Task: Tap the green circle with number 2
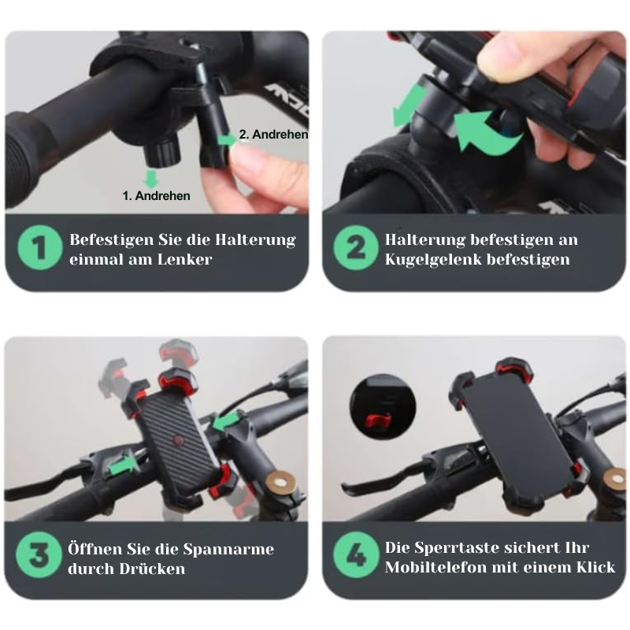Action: click(356, 250)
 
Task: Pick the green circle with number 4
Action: click(356, 558)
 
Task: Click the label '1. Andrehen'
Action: click(156, 195)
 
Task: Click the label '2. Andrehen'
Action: click(272, 135)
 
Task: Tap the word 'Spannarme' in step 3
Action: click(235, 549)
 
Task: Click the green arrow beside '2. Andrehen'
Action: click(228, 139)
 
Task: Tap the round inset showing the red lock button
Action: click(376, 403)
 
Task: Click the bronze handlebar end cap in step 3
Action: click(281, 481)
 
